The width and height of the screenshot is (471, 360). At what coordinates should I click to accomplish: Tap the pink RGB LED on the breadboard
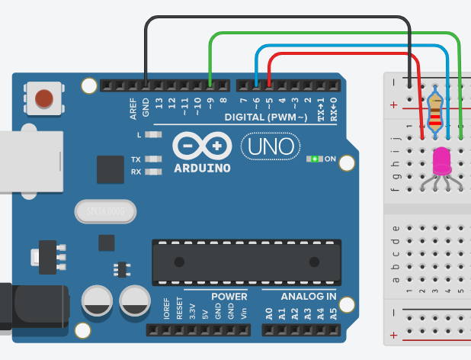441,160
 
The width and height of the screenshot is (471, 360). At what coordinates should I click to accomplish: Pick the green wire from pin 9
335,34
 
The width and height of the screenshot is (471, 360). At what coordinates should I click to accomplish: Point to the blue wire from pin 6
351,47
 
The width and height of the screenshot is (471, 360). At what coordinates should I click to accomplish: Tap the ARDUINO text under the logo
202,168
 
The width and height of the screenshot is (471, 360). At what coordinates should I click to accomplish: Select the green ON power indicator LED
314,159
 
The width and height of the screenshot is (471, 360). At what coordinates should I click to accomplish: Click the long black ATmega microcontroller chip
246,261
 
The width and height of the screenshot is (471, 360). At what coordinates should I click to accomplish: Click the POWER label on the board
229,296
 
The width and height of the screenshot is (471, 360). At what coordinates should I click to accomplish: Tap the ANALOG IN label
309,296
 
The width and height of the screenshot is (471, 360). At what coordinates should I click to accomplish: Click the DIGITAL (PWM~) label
266,117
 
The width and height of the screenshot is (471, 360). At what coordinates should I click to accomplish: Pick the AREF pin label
133,109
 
